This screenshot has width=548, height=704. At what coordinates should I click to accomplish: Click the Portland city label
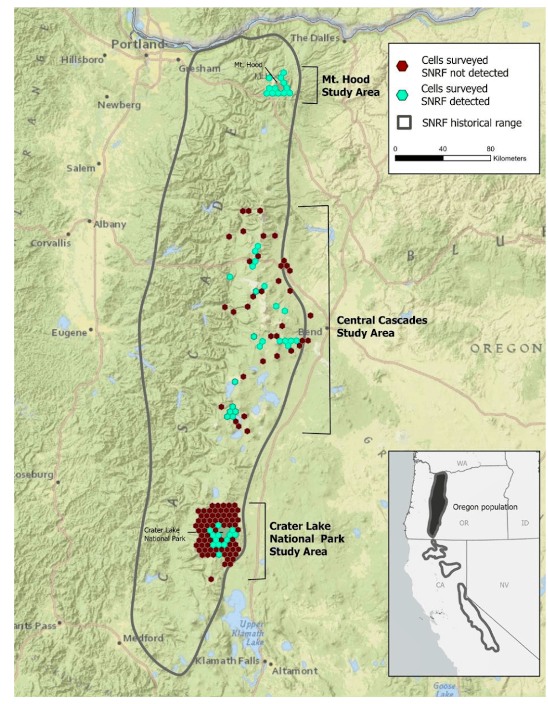(x=137, y=44)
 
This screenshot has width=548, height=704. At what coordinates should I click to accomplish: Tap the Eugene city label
(x=69, y=333)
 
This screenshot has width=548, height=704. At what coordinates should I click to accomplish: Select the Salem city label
(x=81, y=168)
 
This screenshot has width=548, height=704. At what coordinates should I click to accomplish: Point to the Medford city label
(x=143, y=638)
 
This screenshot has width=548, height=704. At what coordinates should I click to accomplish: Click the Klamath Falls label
(x=227, y=661)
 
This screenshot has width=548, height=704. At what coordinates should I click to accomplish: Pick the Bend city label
(x=310, y=332)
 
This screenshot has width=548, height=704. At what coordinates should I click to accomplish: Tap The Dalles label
(x=315, y=38)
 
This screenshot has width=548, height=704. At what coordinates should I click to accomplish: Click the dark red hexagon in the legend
(x=402, y=66)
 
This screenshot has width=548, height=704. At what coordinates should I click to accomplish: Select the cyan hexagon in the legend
(x=402, y=95)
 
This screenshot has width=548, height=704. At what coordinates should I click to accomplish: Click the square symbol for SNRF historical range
(x=404, y=122)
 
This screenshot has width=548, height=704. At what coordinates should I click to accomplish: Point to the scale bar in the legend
(x=442, y=158)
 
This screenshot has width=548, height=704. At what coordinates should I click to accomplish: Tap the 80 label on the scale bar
(x=490, y=149)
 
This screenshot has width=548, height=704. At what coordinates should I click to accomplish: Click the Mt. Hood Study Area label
(x=351, y=86)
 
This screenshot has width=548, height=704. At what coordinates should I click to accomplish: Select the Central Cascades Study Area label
(x=382, y=326)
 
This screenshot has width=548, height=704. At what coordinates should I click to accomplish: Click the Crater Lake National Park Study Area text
(x=307, y=539)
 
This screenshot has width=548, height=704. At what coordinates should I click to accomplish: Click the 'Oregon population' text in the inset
(x=485, y=507)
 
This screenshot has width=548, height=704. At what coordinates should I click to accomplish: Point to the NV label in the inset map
(x=504, y=585)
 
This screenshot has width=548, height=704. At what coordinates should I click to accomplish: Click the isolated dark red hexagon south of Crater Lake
(x=211, y=579)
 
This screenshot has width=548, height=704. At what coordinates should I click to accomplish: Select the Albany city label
(x=110, y=224)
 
